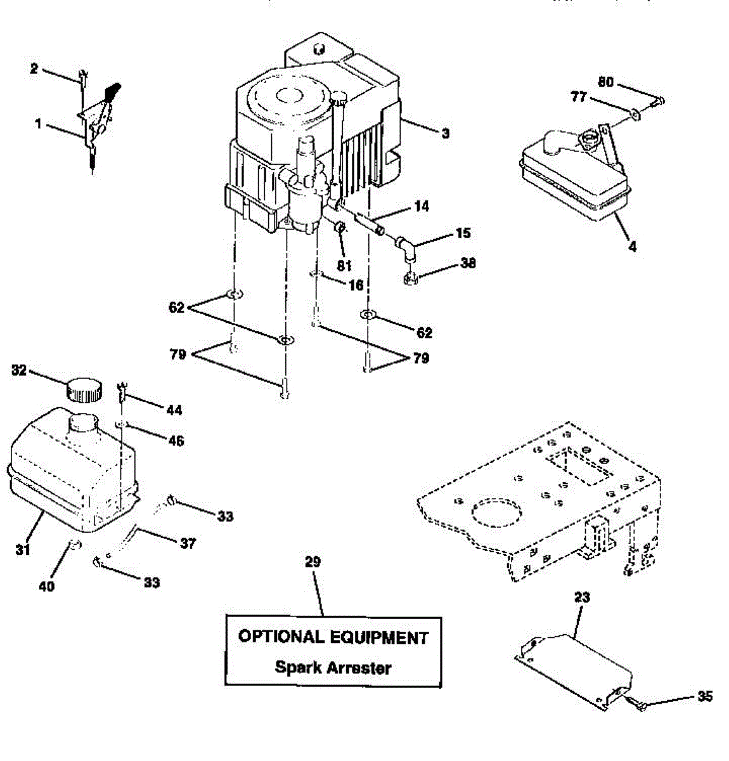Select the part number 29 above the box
[313, 562]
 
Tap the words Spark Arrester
[333, 667]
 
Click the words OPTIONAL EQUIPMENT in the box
[333, 637]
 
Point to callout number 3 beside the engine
[446, 133]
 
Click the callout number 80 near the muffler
[606, 82]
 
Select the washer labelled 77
[636, 114]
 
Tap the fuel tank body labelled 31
[70, 469]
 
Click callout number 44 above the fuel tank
[174, 410]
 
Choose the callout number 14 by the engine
[421, 206]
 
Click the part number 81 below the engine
[344, 266]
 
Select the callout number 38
[468, 263]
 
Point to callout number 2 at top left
[34, 68]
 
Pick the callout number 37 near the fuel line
[188, 543]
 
